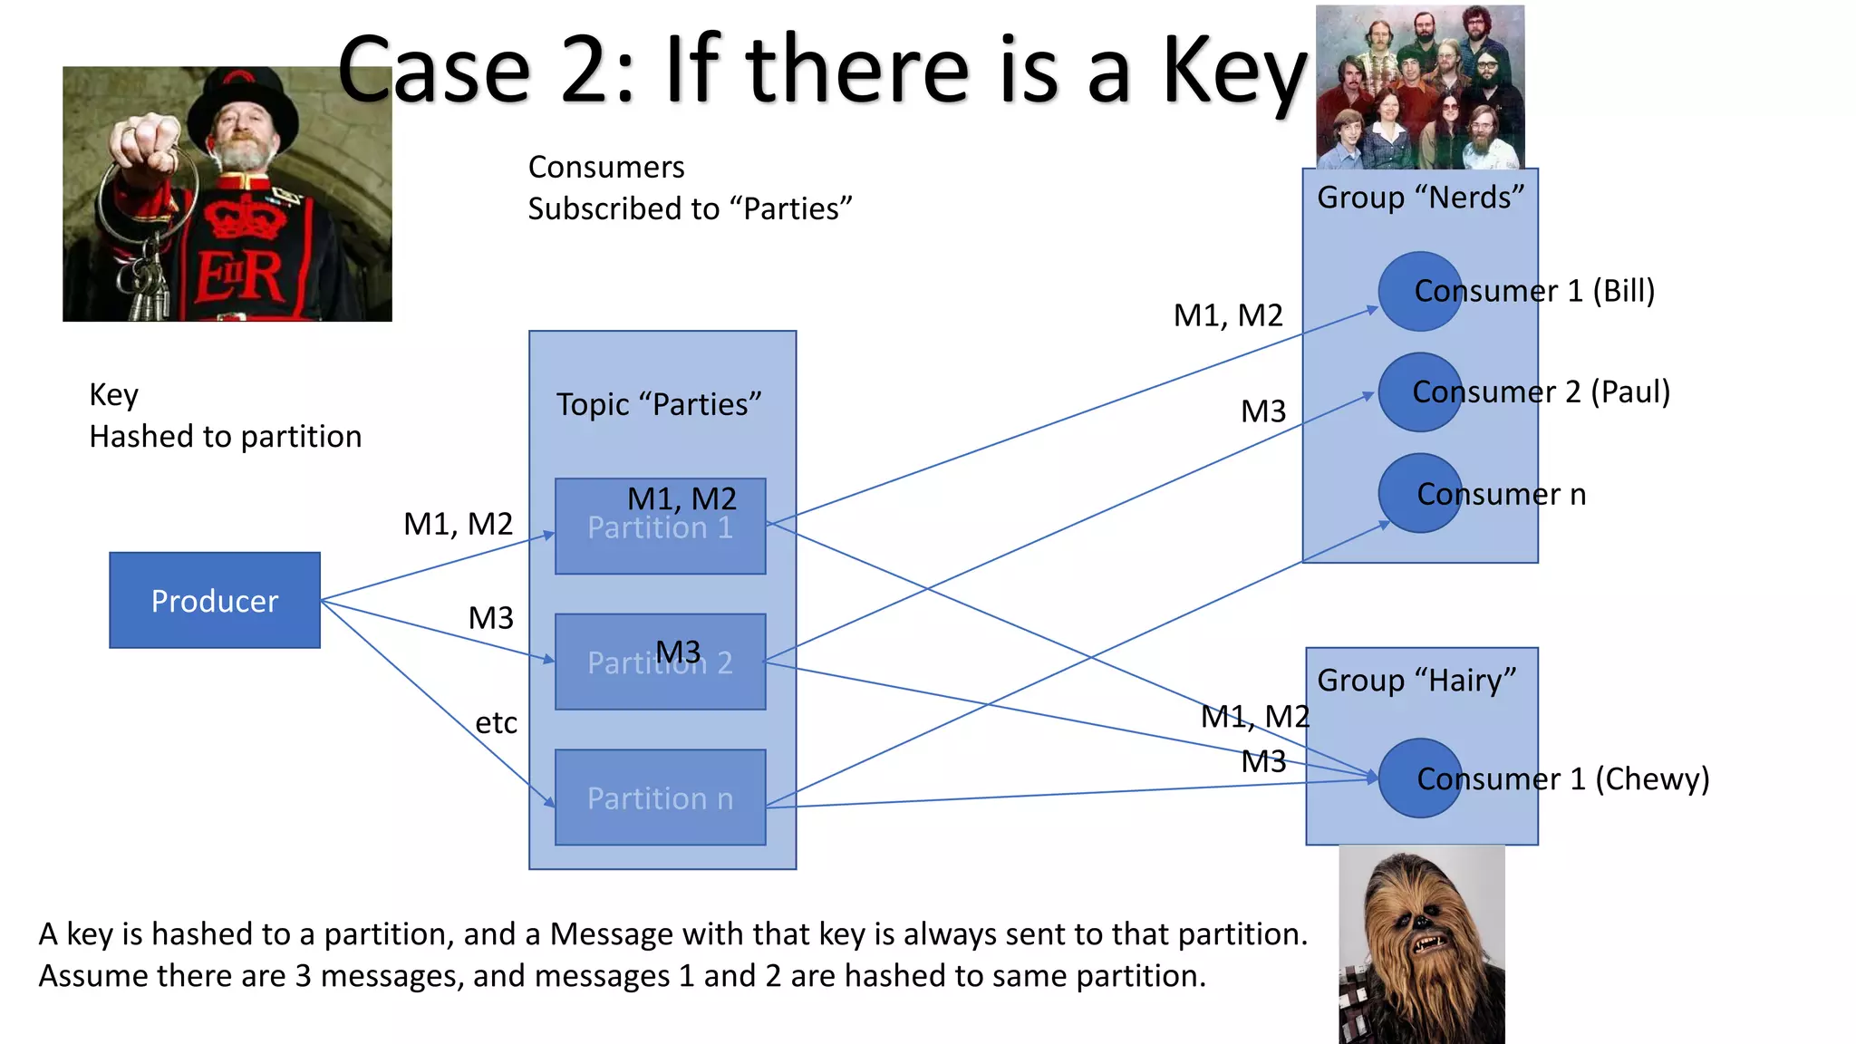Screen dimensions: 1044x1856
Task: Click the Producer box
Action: [x=215, y=600]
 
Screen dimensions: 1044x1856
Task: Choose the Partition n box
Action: [x=660, y=797]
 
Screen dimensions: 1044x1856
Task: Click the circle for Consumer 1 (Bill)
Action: [x=1419, y=291]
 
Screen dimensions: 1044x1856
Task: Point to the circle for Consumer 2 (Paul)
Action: [x=1419, y=391]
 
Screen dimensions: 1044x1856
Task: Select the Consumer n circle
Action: [x=1419, y=493]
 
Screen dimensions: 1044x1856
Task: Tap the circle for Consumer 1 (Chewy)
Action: [x=1419, y=778]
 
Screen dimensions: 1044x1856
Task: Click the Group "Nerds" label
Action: [x=1420, y=198]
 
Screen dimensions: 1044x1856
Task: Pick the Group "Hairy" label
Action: [x=1416, y=680]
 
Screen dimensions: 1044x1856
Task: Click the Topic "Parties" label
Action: [x=659, y=404]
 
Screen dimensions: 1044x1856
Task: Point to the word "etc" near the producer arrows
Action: [x=496, y=723]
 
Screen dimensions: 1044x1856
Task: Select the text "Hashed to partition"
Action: [x=225, y=437]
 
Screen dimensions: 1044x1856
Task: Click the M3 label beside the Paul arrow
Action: [x=1263, y=411]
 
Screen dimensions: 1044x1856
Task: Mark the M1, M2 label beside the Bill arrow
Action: [x=1228, y=315]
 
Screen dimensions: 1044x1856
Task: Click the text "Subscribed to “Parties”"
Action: [x=690, y=209]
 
